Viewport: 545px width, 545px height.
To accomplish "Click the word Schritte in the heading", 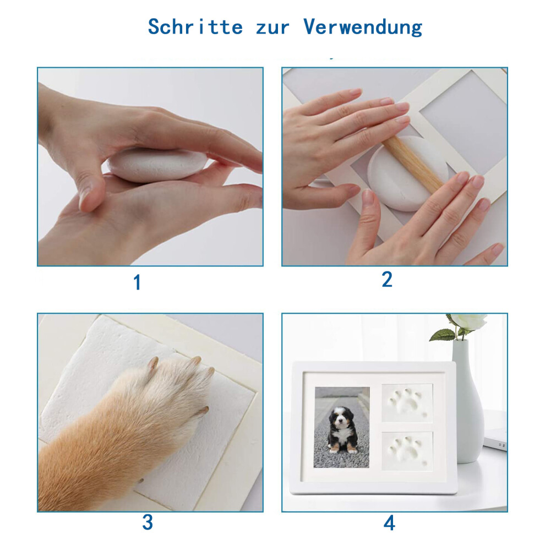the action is (195, 26).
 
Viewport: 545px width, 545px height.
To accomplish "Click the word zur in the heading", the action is (272, 28).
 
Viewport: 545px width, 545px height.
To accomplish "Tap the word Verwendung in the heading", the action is (363, 27).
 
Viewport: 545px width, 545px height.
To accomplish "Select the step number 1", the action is (137, 282).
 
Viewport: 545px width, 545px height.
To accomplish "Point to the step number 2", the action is (387, 279).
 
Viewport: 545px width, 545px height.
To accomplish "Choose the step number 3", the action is (148, 522).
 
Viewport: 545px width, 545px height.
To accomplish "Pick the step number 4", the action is (389, 523).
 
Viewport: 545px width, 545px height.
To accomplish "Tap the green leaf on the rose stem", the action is (443, 335).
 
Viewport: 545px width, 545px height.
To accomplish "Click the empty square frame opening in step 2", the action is (462, 124).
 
